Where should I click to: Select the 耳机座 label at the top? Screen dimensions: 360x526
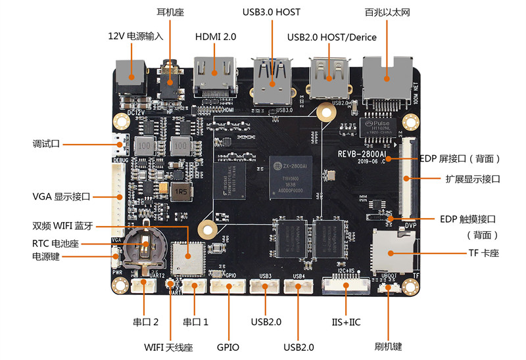(x=170, y=12)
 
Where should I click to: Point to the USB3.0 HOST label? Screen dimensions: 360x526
(x=272, y=12)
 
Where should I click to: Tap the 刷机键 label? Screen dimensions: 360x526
(x=389, y=346)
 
